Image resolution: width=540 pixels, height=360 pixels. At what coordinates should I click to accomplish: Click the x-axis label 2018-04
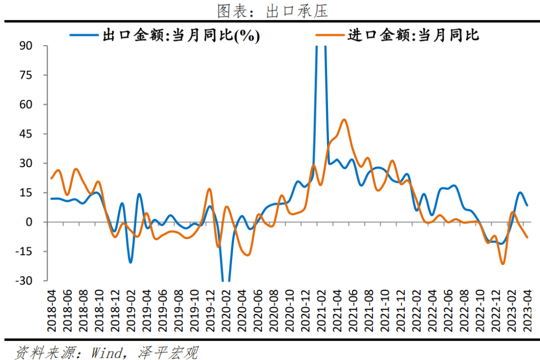coord(52,310)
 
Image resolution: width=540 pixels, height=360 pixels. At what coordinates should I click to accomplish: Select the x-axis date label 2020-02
coord(226,310)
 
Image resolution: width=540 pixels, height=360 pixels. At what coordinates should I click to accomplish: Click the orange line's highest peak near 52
coord(344,119)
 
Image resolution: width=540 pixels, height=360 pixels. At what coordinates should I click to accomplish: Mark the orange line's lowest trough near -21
coord(502,263)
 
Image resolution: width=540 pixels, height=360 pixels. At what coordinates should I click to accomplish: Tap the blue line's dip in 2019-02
coord(130,262)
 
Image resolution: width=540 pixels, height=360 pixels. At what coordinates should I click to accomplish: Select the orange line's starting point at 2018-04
coord(51,178)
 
